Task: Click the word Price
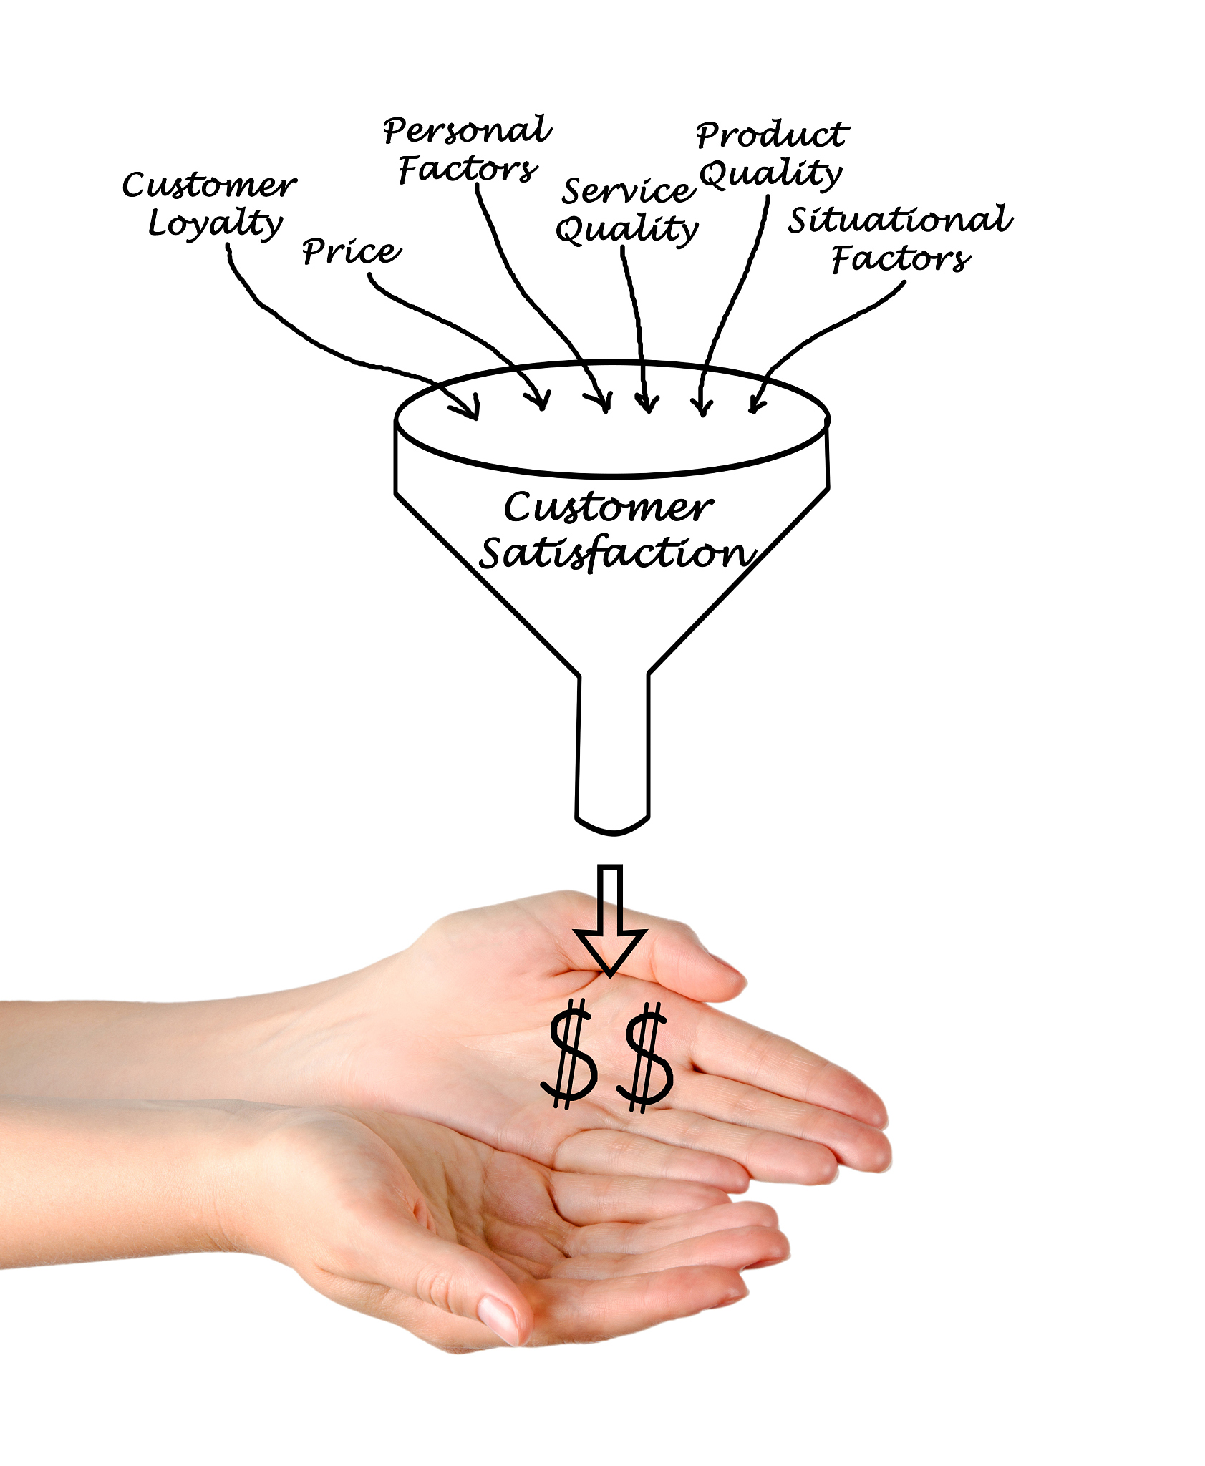click(352, 251)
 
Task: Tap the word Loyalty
click(215, 223)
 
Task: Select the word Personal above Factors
click(467, 130)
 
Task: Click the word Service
click(628, 190)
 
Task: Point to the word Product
click(772, 135)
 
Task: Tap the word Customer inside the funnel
click(609, 507)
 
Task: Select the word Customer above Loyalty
click(209, 185)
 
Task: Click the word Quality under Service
click(626, 229)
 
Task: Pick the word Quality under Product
click(770, 173)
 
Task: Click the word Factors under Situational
click(901, 258)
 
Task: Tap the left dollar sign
click(570, 1054)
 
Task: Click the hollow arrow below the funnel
click(610, 921)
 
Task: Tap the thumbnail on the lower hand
click(498, 1317)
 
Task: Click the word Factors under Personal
click(467, 170)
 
